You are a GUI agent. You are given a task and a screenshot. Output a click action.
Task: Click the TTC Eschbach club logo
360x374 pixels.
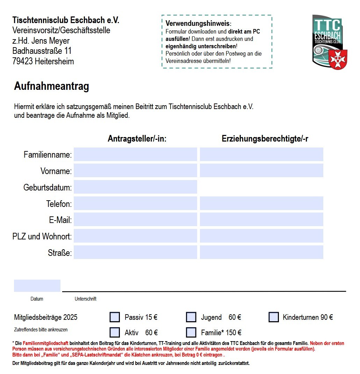click(x=330, y=42)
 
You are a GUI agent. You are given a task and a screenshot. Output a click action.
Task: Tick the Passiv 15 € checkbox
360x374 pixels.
click(x=115, y=317)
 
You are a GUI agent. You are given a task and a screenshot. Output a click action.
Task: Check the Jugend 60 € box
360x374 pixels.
click(x=191, y=317)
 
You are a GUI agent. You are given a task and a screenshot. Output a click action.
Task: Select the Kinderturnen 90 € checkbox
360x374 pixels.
click(x=274, y=317)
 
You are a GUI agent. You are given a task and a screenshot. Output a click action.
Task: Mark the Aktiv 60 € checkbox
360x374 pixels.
click(x=115, y=332)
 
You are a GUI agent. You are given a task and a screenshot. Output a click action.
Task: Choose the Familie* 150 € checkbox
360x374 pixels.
click(x=191, y=332)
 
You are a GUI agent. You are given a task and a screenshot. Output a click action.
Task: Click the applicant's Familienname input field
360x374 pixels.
click(x=135, y=154)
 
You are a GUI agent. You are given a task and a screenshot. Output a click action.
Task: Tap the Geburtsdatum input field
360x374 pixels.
click(x=135, y=187)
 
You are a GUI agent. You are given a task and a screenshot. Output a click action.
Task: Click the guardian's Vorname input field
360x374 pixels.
click(x=261, y=171)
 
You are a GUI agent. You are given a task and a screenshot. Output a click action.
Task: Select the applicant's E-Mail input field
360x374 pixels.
click(x=135, y=220)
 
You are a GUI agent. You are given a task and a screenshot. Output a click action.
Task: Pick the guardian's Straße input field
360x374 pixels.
click(x=261, y=252)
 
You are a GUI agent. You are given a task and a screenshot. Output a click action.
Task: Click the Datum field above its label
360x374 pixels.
click(x=37, y=286)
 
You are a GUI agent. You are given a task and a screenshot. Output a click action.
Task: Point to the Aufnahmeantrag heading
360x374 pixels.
click(x=51, y=86)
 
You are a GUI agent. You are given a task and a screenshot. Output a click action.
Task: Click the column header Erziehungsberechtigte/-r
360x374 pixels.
click(x=265, y=139)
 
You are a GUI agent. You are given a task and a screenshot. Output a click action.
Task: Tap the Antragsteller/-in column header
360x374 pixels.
click(x=137, y=139)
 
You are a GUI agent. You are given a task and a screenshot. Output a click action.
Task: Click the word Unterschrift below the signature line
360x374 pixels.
click(x=85, y=299)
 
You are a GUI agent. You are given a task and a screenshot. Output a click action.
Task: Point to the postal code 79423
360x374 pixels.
click(x=22, y=62)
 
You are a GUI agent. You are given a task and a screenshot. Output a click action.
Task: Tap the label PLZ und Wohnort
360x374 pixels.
click(x=42, y=236)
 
